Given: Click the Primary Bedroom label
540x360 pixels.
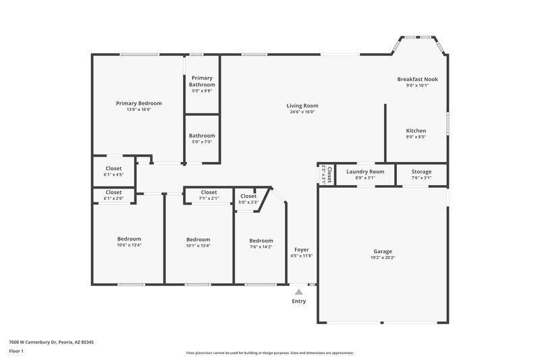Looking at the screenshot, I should [138, 103].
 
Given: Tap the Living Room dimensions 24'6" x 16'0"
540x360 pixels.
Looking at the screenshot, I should [302, 112].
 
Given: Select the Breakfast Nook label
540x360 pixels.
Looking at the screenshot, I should [417, 79].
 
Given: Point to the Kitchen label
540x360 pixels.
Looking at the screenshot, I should [416, 130].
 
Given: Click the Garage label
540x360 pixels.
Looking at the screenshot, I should [383, 250].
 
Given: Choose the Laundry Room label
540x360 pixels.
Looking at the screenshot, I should [365, 172].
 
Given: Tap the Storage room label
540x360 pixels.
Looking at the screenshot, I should [421, 172].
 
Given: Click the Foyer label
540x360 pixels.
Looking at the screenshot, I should [301, 250].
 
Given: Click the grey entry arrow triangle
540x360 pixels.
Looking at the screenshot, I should [298, 292].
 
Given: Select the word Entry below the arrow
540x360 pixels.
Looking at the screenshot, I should [298, 301].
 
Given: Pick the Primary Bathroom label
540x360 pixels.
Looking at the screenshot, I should [202, 81].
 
